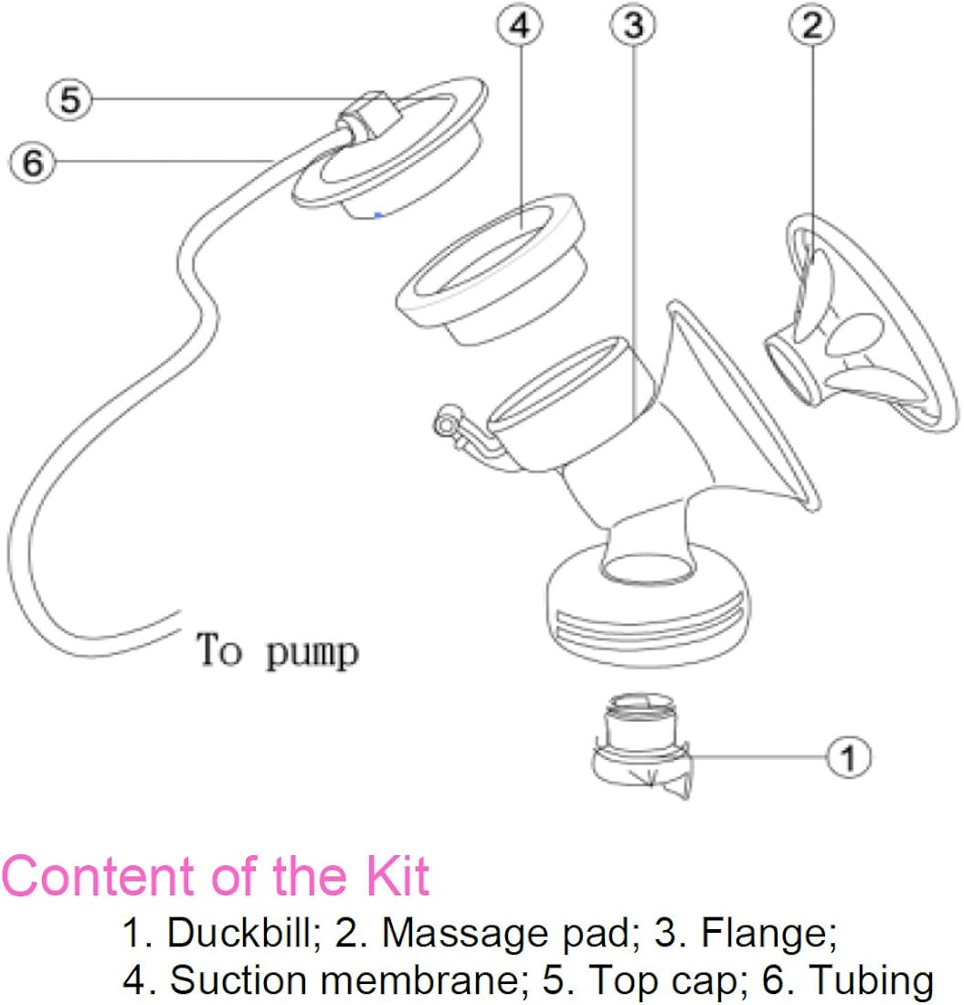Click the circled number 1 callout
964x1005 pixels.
(849, 756)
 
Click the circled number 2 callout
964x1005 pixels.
(811, 26)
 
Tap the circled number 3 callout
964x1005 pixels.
(633, 26)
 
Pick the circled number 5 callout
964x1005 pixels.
(70, 100)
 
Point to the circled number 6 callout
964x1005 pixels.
(32, 164)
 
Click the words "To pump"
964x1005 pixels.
(278, 651)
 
